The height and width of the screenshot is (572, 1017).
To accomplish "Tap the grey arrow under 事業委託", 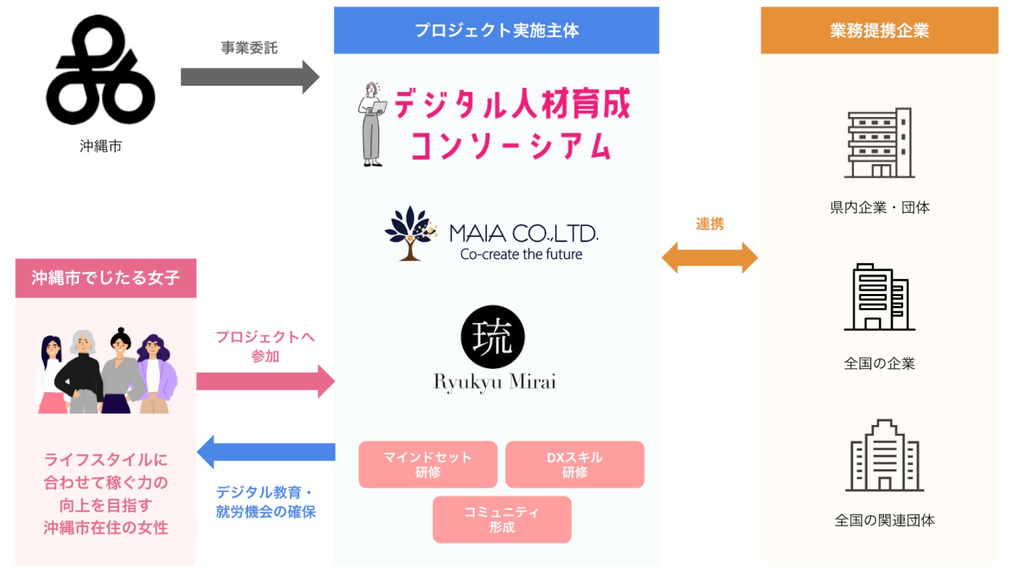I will [x=249, y=77].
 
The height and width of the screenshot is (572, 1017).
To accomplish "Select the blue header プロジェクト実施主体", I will [x=496, y=30].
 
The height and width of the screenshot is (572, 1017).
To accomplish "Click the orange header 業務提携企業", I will [x=879, y=30].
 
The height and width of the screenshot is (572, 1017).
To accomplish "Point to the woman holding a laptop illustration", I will [x=372, y=124].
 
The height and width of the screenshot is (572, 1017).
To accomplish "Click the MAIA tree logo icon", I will [x=411, y=234].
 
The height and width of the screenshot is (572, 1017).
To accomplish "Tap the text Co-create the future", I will [x=521, y=255].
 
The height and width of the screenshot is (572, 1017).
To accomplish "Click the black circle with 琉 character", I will [x=493, y=337].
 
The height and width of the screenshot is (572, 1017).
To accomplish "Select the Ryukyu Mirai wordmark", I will [x=495, y=382].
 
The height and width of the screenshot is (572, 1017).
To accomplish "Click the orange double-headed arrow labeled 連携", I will [x=710, y=258].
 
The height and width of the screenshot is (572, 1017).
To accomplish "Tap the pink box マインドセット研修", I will [x=427, y=464].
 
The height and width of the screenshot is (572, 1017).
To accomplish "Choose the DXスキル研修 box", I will [x=575, y=464].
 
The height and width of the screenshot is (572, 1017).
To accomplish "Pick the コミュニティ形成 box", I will [x=502, y=520].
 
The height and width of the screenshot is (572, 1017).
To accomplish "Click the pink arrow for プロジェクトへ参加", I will [x=265, y=381].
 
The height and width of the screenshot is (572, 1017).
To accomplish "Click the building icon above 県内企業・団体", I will [x=879, y=143].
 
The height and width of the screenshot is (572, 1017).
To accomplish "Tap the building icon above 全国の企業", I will [x=879, y=297].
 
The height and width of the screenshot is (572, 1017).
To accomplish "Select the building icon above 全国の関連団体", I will [x=884, y=455].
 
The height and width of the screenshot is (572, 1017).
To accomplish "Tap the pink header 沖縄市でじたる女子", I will [x=105, y=278].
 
